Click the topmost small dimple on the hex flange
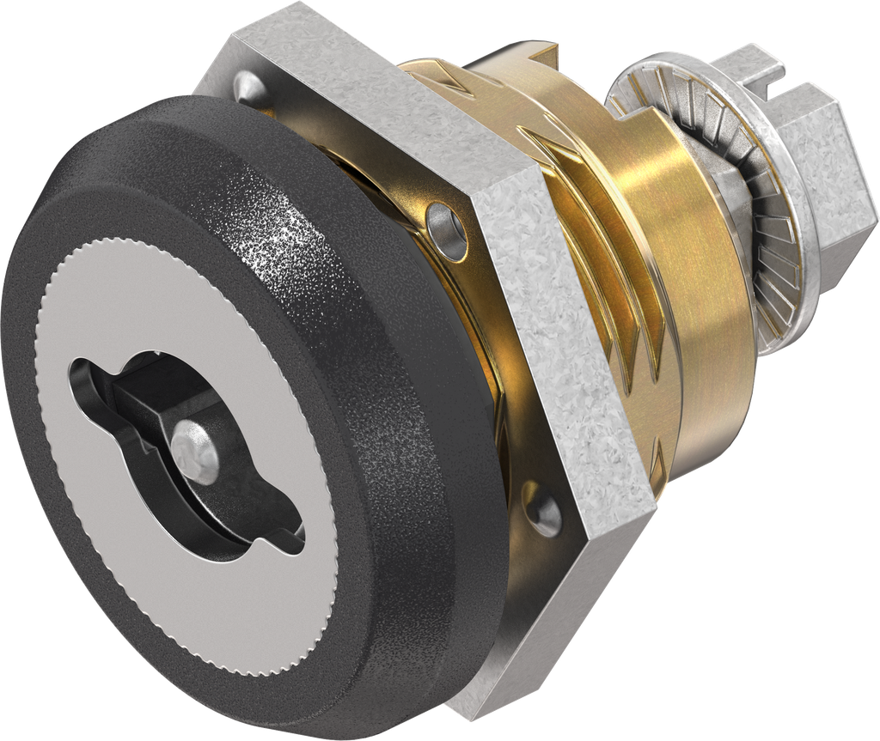point(246,84)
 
